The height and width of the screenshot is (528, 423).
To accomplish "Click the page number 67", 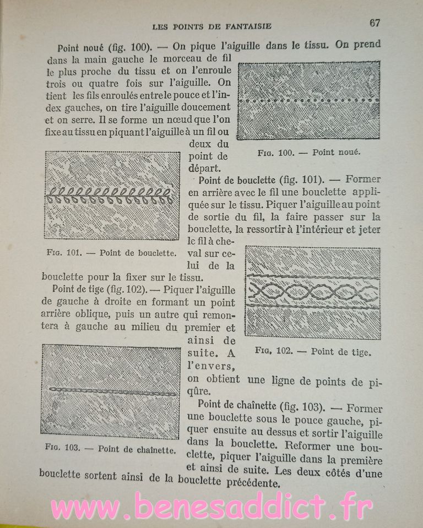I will click(375, 23).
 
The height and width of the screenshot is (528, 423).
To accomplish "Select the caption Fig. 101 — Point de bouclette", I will click(111, 254).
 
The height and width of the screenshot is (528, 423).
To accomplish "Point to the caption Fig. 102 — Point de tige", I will click(313, 351).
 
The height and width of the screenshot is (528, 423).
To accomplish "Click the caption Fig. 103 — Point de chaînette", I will click(110, 449).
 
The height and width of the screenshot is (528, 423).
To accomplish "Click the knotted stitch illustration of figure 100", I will click(308, 101).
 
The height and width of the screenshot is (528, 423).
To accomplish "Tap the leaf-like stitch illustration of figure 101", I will click(112, 195).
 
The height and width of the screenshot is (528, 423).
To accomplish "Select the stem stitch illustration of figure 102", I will click(312, 292).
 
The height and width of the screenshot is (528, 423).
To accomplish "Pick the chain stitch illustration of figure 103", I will click(111, 391).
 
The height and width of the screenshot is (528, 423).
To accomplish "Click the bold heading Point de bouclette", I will click(238, 180).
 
